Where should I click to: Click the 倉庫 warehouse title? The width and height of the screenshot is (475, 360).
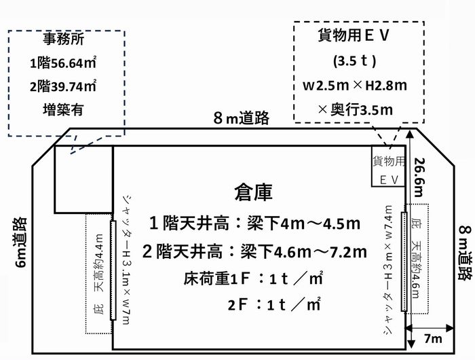[253, 192]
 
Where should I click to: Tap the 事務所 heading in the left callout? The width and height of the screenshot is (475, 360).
[63, 39]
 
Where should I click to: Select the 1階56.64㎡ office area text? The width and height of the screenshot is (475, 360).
[63, 62]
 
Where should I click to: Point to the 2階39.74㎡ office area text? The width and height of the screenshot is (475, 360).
[63, 86]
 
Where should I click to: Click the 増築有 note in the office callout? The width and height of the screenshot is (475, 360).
[63, 109]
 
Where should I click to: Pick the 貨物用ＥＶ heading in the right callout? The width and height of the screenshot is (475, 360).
[354, 35]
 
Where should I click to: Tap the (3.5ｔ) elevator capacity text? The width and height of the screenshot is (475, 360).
[355, 60]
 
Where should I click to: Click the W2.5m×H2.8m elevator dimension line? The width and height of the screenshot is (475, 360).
[355, 85]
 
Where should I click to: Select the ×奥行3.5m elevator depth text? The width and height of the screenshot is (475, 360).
[356, 109]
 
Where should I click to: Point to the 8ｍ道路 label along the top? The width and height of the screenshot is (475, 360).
[242, 118]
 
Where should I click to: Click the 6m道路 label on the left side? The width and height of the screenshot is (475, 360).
[21, 242]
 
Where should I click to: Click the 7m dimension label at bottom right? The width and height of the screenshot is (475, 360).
[433, 338]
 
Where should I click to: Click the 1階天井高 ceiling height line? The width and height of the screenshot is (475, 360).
[254, 224]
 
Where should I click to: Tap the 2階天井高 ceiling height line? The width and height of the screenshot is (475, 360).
[254, 252]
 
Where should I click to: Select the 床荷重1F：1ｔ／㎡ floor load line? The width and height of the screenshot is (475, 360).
[253, 278]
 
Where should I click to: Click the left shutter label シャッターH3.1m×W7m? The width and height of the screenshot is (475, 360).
[128, 259]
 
